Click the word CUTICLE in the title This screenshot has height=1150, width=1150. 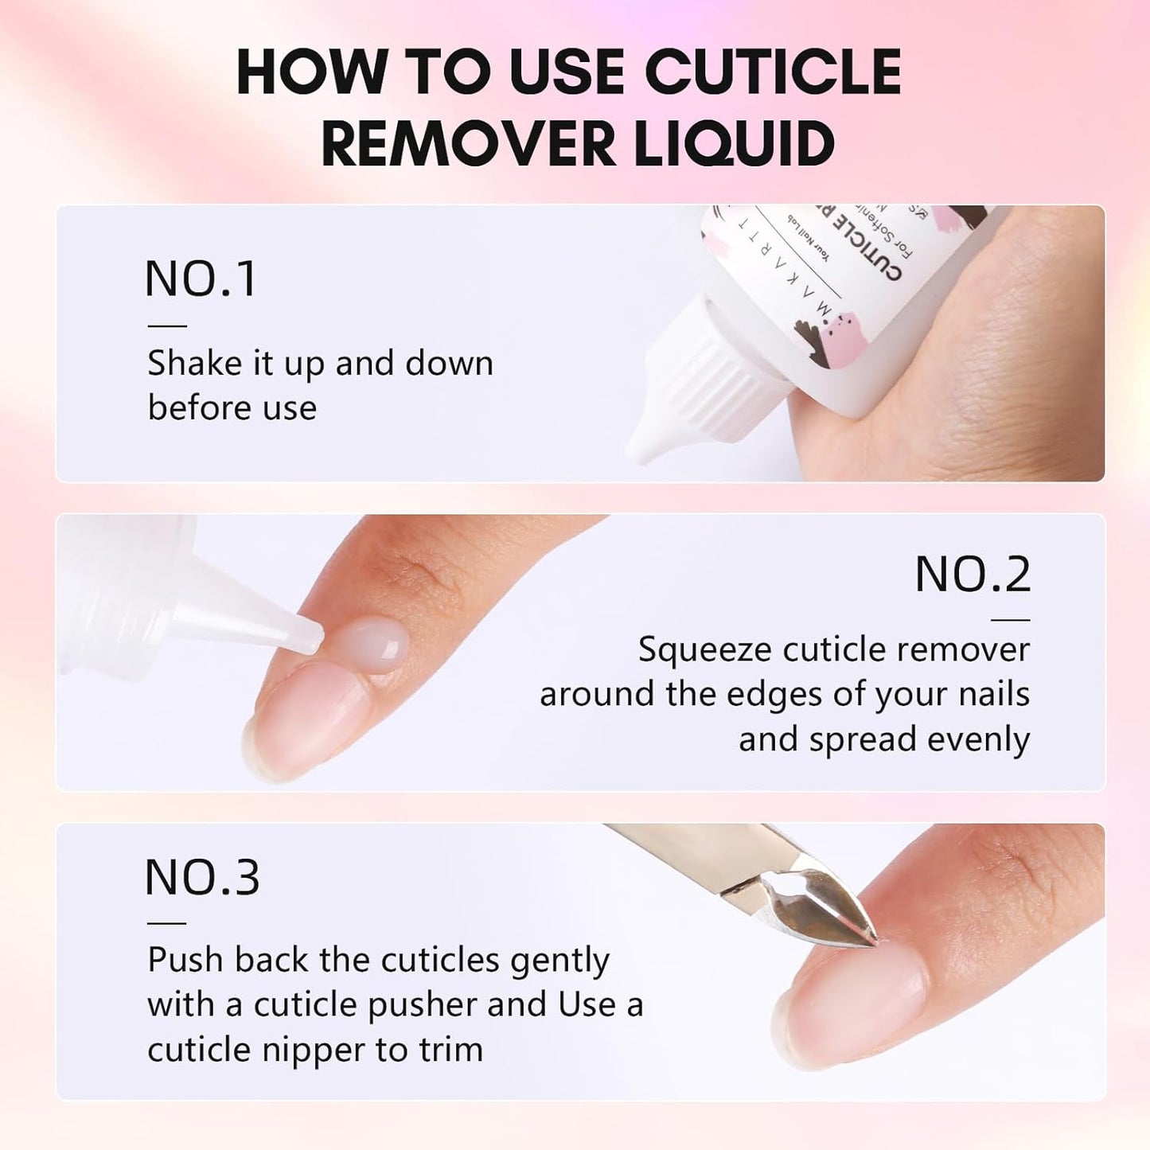tap(771, 72)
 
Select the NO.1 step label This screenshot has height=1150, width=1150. tap(201, 279)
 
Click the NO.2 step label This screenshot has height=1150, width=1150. tap(972, 574)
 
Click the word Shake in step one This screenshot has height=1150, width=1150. tap(195, 364)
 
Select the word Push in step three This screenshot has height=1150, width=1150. tap(185, 960)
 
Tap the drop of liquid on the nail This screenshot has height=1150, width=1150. tap(368, 641)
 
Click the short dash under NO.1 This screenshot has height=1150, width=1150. tap(167, 326)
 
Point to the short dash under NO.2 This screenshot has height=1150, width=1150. tap(1011, 619)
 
